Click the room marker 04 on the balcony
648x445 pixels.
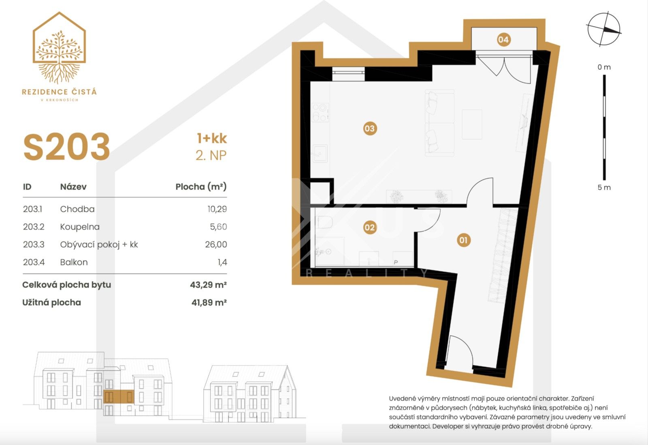503,40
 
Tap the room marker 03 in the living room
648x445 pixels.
369,129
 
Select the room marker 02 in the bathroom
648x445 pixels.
369,227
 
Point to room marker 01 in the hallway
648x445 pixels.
463,240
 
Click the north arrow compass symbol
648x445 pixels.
603,29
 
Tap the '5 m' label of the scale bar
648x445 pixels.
604,188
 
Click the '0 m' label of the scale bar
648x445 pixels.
604,67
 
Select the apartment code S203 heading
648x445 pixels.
67,147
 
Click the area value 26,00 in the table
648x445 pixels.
216,244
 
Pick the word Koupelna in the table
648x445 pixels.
80,227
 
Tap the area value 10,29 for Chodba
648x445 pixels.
217,209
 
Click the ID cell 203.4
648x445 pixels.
34,262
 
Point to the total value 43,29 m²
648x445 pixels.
208,285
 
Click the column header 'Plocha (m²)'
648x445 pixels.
201,187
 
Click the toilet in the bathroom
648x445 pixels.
324,222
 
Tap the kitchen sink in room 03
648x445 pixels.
320,153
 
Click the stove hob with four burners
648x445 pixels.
320,113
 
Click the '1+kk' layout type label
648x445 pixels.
212,139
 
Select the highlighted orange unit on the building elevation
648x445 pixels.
118,396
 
